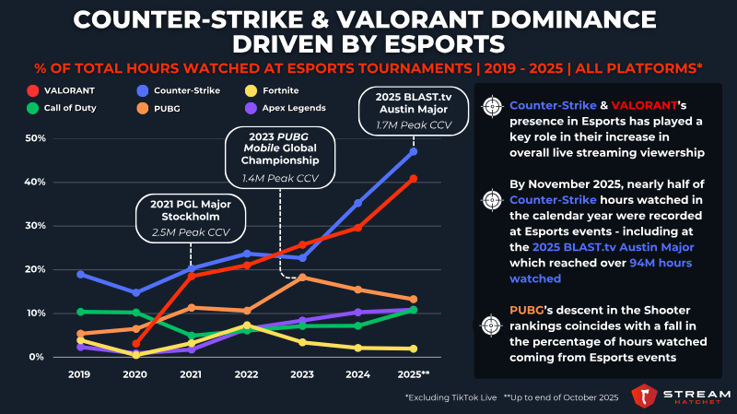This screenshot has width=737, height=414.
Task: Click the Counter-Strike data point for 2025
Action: [414, 151]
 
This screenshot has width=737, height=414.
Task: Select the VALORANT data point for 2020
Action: [135, 344]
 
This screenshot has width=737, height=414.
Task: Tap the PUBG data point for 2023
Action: [303, 278]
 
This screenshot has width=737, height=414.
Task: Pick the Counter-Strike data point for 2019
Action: [80, 274]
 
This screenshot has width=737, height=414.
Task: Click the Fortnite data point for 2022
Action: [247, 325]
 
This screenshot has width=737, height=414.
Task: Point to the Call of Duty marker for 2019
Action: [80, 312]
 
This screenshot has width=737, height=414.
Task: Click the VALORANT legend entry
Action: [61, 90]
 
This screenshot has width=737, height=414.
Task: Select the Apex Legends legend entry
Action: [286, 108]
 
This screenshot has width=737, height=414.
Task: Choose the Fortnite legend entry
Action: [272, 90]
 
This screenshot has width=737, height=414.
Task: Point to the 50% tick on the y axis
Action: [35, 138]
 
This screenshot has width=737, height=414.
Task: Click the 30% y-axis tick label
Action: [35, 226]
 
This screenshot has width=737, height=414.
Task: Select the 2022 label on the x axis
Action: [246, 374]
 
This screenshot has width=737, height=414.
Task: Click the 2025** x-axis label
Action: [414, 374]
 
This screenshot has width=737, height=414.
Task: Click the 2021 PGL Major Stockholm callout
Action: [191, 219]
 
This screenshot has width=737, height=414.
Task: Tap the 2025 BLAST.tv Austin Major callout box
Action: [414, 111]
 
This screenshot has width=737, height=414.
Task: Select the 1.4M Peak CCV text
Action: [280, 179]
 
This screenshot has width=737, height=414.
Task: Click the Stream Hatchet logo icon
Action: [643, 396]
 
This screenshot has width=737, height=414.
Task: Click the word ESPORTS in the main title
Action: [445, 44]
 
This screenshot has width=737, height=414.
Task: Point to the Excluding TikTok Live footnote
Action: [450, 397]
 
